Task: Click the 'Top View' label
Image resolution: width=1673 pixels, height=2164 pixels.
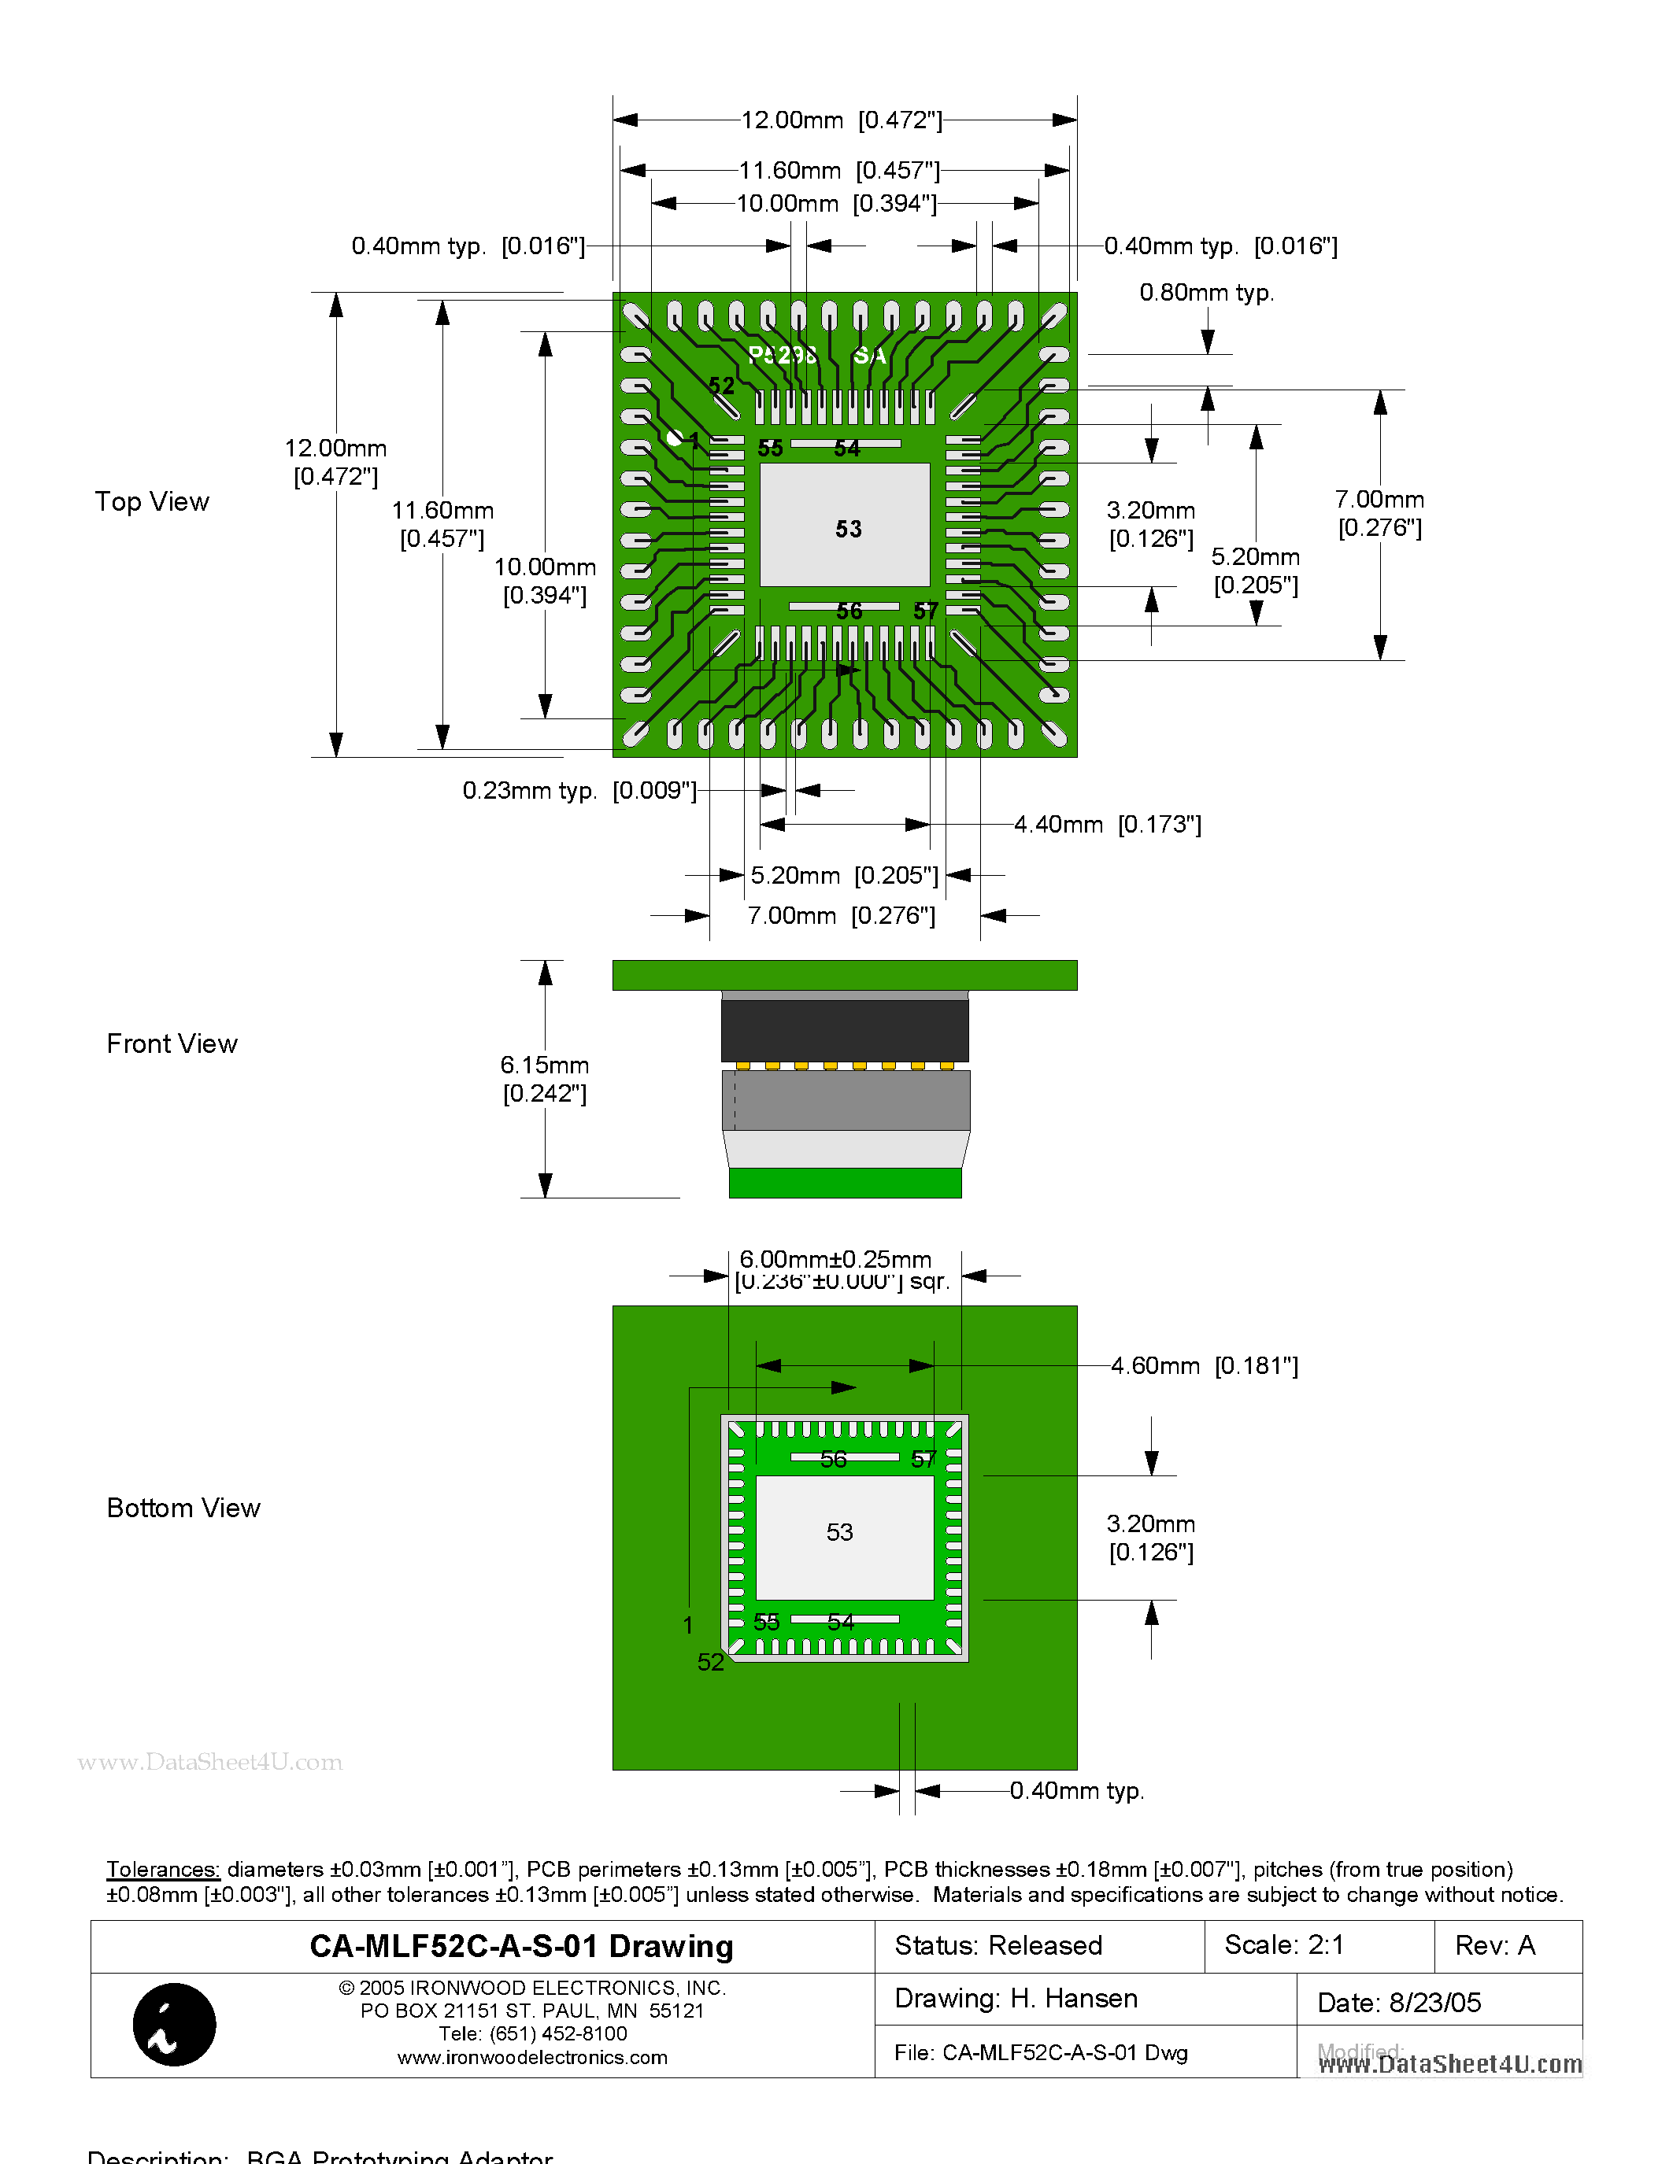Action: point(152,501)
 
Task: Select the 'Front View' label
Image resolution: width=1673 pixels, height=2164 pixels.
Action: point(172,1043)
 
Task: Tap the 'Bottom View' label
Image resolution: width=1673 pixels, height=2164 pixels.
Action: point(183,1507)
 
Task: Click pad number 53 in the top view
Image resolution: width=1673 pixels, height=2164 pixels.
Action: point(847,528)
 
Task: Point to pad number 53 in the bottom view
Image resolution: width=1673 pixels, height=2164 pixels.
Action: point(839,1532)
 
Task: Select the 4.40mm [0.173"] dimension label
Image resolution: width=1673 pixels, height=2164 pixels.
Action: point(1107,825)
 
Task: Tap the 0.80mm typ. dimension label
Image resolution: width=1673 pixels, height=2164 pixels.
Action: point(1206,292)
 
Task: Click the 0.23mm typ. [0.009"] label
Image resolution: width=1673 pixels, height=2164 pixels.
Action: point(579,790)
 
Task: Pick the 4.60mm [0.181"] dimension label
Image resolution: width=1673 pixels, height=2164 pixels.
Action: point(1203,1365)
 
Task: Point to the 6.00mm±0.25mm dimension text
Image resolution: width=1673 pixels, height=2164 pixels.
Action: point(835,1259)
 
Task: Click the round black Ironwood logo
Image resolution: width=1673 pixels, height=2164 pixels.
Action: point(175,2024)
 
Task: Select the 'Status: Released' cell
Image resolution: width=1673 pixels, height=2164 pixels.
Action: point(998,1945)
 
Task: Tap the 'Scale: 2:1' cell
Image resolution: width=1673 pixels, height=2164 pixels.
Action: point(1283,1945)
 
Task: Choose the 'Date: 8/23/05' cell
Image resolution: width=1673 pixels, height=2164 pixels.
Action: point(1398,2003)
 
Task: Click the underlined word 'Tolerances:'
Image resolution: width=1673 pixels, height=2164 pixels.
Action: point(162,1869)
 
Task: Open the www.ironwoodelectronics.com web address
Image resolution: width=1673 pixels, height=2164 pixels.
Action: point(532,2057)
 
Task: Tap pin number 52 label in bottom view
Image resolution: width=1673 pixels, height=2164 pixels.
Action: point(711,1662)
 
